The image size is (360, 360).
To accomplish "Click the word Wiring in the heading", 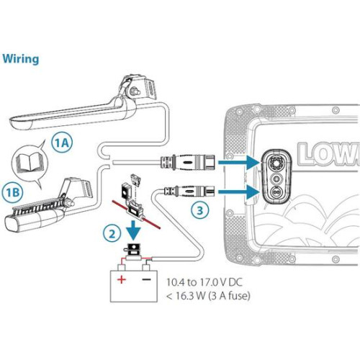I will coord(20,58).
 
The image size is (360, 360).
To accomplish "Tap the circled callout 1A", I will coord(63,142).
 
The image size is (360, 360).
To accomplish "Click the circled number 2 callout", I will coord(109,233).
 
